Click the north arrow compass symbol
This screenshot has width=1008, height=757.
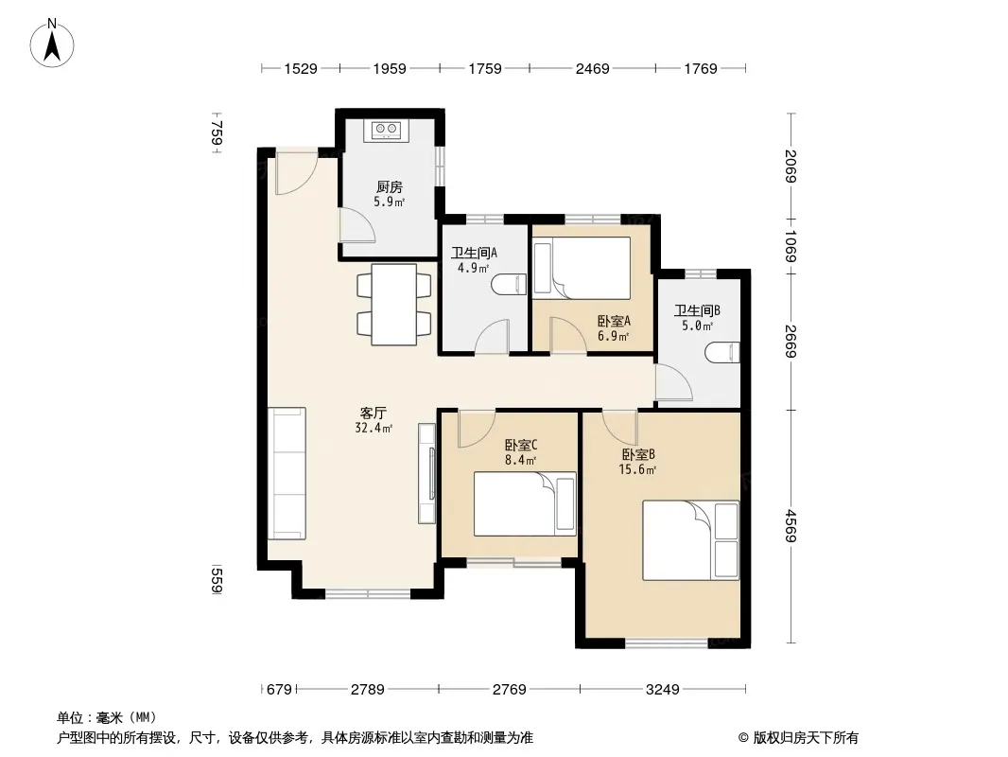tap(52, 44)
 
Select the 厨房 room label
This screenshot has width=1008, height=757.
tap(390, 186)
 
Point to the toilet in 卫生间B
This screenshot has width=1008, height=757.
tap(722, 352)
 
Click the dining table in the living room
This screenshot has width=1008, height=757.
tap(394, 304)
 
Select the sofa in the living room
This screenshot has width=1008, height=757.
tap(287, 473)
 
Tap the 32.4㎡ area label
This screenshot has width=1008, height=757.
tap(374, 428)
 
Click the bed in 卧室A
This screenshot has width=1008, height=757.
tap(582, 268)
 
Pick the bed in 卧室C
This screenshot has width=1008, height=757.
tap(525, 503)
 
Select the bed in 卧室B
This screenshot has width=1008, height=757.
tap(691, 540)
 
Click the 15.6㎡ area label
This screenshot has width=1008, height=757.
tap(637, 469)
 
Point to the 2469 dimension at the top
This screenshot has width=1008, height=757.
tap(592, 68)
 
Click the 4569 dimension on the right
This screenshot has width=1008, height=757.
tap(791, 525)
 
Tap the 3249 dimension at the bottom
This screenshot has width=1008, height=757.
tap(662, 690)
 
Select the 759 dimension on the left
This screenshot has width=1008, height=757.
tap(217, 133)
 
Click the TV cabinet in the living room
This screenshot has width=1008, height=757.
tap(426, 473)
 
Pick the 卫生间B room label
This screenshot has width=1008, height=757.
tap(697, 310)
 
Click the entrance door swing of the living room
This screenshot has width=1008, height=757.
tap(296, 172)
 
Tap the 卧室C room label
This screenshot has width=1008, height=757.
tap(521, 445)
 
